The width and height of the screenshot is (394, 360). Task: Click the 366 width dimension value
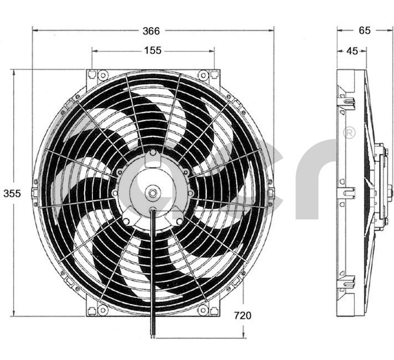[151, 31]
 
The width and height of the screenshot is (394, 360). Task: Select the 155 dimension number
[153, 50]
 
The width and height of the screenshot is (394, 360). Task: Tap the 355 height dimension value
[12, 193]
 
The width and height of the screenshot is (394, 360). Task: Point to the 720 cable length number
[242, 315]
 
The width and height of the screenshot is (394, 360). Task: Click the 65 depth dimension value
[364, 30]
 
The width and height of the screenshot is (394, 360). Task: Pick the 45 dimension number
[352, 51]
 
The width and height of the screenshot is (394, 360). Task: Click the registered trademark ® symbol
[349, 133]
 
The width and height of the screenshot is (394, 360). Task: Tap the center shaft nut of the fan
[152, 193]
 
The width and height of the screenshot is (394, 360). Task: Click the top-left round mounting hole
[102, 75]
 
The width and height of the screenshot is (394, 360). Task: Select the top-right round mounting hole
[203, 75]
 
